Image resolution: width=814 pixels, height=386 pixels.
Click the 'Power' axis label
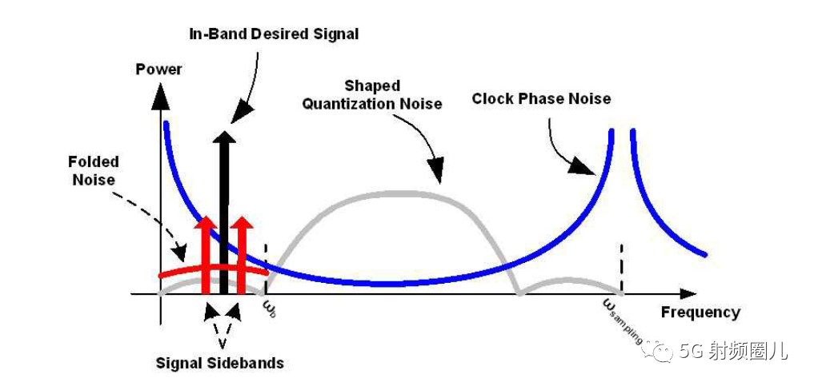(158, 69)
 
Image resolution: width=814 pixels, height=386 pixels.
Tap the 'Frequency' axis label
(700, 312)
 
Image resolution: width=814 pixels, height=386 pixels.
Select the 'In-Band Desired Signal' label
(274, 34)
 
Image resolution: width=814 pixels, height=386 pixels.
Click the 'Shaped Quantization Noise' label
(372, 95)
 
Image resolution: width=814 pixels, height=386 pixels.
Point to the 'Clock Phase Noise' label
(541, 98)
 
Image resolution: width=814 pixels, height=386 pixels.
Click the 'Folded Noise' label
(94, 170)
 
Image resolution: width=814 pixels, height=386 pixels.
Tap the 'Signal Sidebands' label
(220, 363)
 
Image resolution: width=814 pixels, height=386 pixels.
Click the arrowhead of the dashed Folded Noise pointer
(180, 253)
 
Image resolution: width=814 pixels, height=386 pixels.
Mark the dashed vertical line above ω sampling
(621, 268)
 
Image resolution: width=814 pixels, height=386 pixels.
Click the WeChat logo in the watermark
(658, 351)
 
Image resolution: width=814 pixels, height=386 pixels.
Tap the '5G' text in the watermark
(692, 352)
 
